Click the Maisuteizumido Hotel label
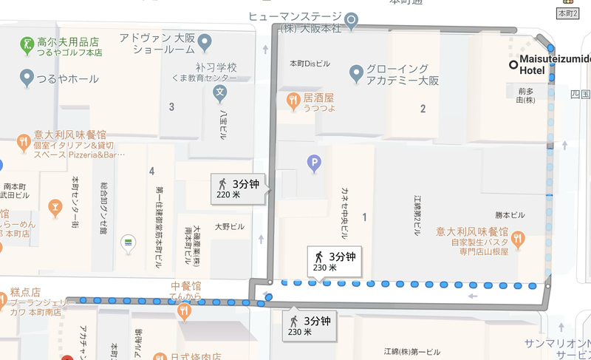click(x=554, y=64)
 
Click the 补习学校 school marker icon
click(x=219, y=93)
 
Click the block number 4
click(x=151, y=171)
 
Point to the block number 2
click(x=423, y=109)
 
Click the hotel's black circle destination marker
click(x=513, y=64)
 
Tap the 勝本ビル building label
click(x=510, y=215)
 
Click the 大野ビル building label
click(x=229, y=226)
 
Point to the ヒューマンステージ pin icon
click(x=352, y=19)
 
